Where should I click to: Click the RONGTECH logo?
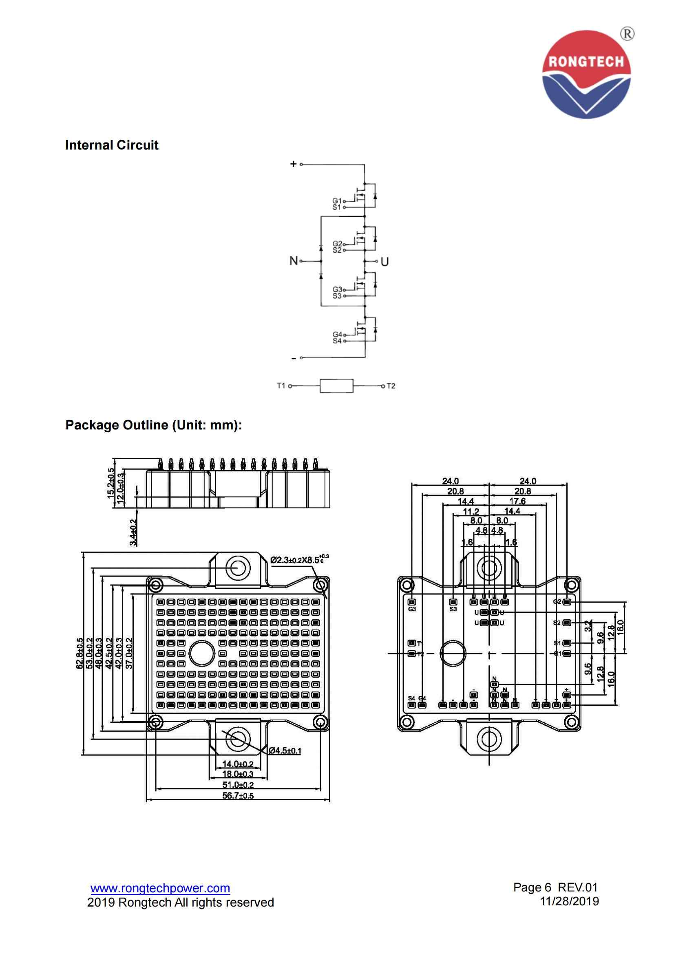pos(586,74)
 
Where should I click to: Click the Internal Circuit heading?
pos(112,145)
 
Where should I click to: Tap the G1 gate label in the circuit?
pos(337,200)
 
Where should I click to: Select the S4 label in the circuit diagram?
pos(337,341)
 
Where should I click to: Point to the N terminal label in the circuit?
pos(294,261)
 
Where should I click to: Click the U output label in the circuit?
pos(385,262)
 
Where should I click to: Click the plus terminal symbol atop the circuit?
pos(293,164)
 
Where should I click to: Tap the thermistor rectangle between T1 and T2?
pos(336,385)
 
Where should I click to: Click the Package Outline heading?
pos(154,425)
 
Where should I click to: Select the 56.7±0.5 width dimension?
pos(238,796)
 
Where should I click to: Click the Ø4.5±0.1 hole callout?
pos(285,751)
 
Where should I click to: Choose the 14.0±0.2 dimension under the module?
pos(238,764)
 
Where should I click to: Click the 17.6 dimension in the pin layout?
pos(517,501)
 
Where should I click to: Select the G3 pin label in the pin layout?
pos(411,609)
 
